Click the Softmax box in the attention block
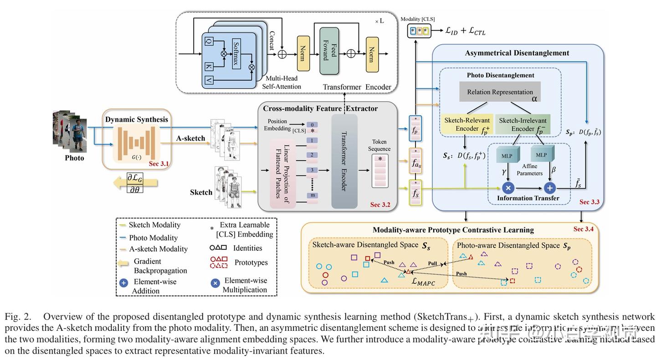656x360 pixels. pos(236,54)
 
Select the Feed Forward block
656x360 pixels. pos(329,51)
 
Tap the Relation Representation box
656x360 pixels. pos(500,92)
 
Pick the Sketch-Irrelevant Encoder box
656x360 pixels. pos(523,125)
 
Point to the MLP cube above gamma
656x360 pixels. pos(507,156)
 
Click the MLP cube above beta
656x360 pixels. pos(541,155)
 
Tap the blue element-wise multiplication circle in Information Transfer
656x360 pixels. pos(508,187)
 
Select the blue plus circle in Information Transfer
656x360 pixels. pos(550,187)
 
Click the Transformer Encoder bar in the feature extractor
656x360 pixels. pos(344,162)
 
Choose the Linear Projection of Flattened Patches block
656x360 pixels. pos(282,171)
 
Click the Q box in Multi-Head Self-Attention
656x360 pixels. pos(209,41)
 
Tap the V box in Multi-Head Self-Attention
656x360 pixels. pos(209,81)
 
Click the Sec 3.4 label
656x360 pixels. pos(583,229)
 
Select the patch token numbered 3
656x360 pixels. pos(312,170)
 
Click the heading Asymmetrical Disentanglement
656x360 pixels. pos(517,53)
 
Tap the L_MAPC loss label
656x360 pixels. pos(423,282)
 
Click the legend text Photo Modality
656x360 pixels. pos(153,237)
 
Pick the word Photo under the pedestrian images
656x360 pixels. pos(74,158)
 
